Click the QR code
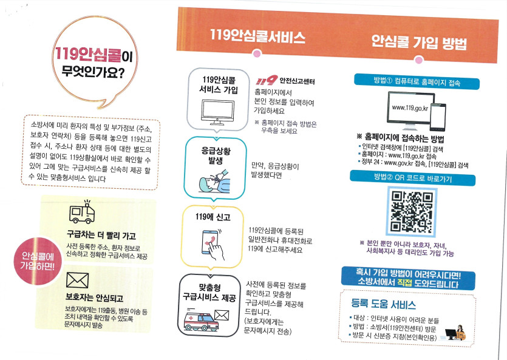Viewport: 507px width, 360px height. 412,211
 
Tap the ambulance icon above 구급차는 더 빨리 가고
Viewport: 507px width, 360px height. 82,212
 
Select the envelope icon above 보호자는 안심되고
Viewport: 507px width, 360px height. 77,280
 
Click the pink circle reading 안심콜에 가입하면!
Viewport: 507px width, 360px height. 38,262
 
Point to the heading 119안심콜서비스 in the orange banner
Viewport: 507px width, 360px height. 257,36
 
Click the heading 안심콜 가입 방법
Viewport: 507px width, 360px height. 419,42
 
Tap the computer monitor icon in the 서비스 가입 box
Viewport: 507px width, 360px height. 217,112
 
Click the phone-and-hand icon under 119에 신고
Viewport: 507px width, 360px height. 213,245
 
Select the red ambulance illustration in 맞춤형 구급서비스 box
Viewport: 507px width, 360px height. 201,320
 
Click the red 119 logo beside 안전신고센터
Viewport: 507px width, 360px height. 267,80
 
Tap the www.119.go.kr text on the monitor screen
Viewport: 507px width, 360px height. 410,108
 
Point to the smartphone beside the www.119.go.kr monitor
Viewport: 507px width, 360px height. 438,117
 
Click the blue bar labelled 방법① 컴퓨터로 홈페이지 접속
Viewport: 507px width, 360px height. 417,81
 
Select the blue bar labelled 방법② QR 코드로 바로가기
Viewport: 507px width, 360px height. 413,178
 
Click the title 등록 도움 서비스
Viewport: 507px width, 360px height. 384,304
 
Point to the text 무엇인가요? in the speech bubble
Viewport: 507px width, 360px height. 93,72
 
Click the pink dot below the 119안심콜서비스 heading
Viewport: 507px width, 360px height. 257,53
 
